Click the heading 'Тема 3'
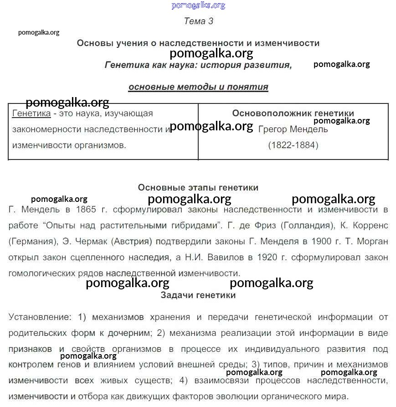click(x=198, y=21)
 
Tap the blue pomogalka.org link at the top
click(x=198, y=5)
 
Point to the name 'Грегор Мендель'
click(x=293, y=129)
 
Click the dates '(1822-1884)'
click(x=293, y=145)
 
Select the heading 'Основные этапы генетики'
click(x=198, y=188)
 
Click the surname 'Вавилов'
click(x=225, y=258)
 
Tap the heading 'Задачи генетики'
click(x=198, y=295)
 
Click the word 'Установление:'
click(x=40, y=317)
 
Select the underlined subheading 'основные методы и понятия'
click(x=198, y=87)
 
